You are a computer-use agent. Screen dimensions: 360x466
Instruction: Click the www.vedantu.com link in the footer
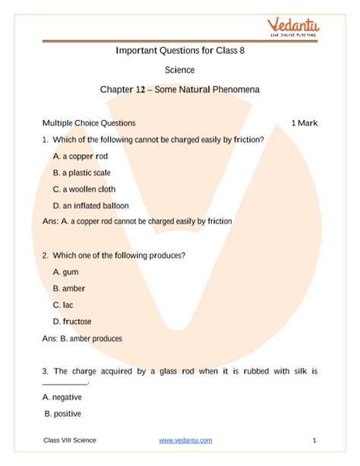tap(185, 440)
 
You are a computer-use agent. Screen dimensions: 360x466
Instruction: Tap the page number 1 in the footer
tap(314, 440)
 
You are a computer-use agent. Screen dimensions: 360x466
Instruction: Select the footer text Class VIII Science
tap(70, 440)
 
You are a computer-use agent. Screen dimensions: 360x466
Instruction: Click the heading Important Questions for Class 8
tap(180, 51)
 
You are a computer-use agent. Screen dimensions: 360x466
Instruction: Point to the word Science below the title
tap(180, 70)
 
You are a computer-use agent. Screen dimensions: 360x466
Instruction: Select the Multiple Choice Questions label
tap(89, 122)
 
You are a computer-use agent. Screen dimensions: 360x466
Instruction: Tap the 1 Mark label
tap(304, 122)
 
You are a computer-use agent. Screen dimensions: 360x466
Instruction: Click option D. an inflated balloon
tap(90, 205)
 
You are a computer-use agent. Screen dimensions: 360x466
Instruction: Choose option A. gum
tap(65, 271)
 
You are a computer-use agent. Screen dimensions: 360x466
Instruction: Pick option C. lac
tap(63, 304)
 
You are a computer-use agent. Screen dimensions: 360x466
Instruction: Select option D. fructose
tap(72, 321)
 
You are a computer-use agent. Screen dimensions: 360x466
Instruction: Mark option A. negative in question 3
tap(62, 397)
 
